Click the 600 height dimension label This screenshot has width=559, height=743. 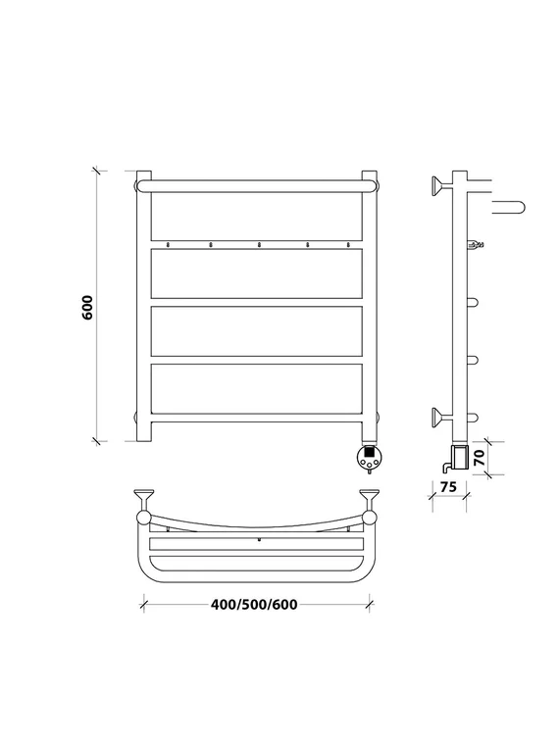(x=88, y=307)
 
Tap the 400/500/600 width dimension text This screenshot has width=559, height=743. (x=254, y=605)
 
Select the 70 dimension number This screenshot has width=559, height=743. (x=481, y=458)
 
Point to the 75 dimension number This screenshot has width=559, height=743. (x=448, y=486)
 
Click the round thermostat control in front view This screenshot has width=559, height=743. (x=370, y=458)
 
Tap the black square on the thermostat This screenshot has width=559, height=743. (x=370, y=452)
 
